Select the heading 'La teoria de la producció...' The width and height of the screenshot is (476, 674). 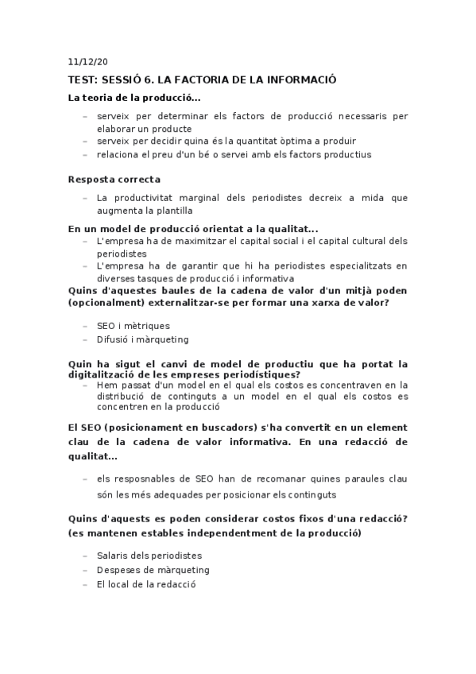pos(134,98)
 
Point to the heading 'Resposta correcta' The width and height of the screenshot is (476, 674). pos(114,180)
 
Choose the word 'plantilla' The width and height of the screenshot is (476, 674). pos(170,211)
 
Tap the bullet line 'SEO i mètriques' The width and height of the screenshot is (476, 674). pos(133,326)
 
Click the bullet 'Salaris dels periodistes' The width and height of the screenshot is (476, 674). pos(149,556)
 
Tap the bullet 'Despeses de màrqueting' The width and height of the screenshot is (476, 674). pos(153,570)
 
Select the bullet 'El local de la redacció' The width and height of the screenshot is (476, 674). pos(145,584)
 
